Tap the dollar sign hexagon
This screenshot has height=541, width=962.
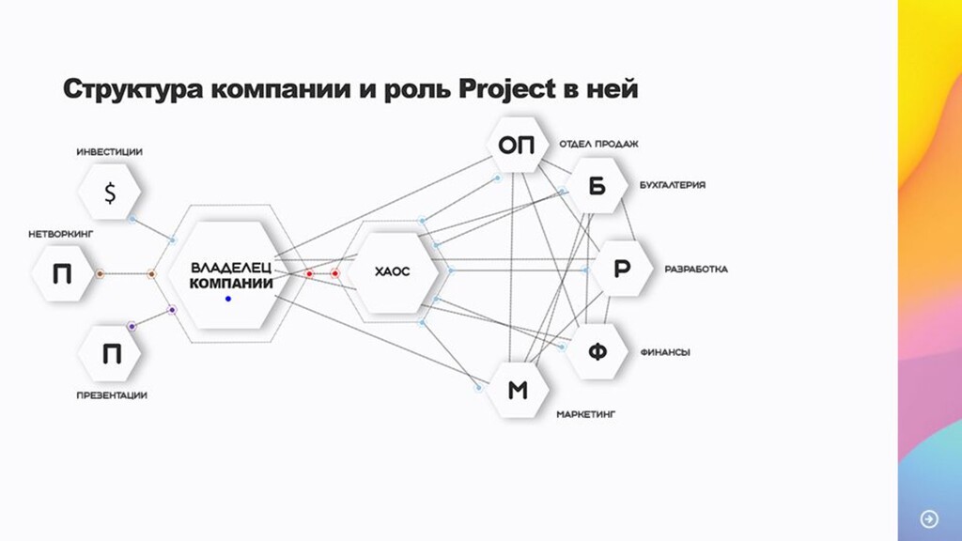tap(110, 193)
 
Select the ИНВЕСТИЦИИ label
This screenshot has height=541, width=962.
tap(110, 152)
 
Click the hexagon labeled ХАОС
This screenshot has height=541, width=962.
tap(393, 272)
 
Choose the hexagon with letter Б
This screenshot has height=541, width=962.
tap(597, 186)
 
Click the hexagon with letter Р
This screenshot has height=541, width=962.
tap(622, 270)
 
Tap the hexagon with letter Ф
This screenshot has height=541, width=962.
tap(597, 352)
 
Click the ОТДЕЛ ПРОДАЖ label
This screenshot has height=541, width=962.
tap(598, 144)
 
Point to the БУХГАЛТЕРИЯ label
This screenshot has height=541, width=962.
tap(672, 185)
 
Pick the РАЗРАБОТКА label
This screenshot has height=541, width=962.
tap(695, 270)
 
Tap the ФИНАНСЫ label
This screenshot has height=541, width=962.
tap(665, 352)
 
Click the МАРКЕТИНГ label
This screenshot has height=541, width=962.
tap(585, 413)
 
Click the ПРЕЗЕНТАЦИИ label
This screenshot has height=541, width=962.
tap(111, 395)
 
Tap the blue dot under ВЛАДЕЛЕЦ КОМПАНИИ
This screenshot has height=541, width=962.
tap(228, 299)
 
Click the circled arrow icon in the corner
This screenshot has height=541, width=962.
tap(929, 518)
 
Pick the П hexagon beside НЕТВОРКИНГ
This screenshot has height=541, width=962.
tap(63, 274)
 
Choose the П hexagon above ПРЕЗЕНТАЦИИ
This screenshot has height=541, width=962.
tap(111, 354)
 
